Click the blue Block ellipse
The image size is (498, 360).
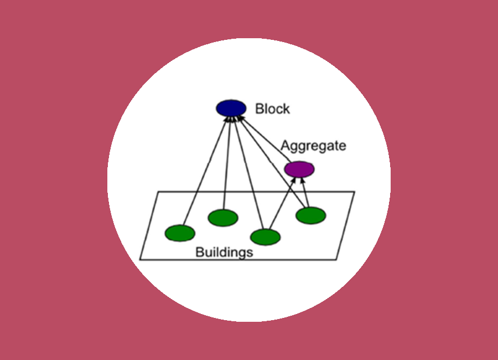(x=231, y=108)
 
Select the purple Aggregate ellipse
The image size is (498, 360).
(x=299, y=168)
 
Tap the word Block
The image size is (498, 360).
(x=272, y=109)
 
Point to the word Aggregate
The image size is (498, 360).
(x=313, y=146)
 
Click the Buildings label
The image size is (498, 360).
(x=224, y=253)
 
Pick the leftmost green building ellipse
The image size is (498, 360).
(x=180, y=233)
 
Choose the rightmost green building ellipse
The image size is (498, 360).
(x=310, y=215)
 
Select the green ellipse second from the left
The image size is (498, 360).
(x=223, y=218)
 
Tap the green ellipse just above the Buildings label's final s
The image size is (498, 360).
(x=265, y=236)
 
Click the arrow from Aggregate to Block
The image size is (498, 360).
(x=263, y=139)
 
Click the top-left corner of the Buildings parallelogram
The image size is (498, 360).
(x=158, y=192)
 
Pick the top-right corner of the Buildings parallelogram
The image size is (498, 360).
(x=354, y=192)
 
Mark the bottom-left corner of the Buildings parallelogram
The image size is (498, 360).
(x=140, y=259)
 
